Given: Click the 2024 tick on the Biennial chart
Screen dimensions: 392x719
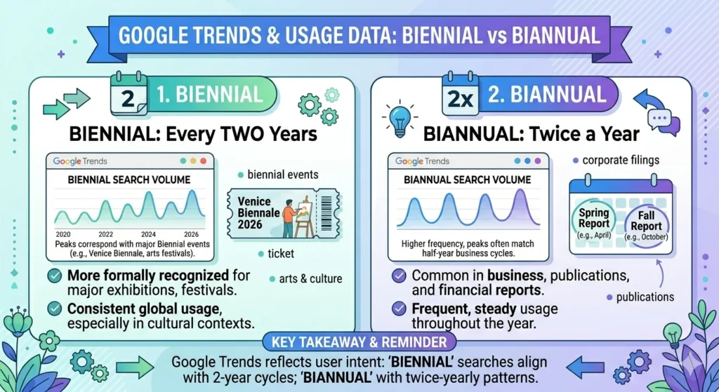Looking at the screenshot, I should pos(148,234).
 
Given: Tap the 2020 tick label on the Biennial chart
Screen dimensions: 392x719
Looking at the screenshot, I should pos(63,234).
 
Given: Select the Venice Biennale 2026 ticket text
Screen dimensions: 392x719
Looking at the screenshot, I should pos(258,212).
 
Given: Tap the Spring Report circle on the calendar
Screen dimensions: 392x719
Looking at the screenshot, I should pos(593,219).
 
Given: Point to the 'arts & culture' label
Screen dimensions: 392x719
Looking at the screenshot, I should pos(310,279).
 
